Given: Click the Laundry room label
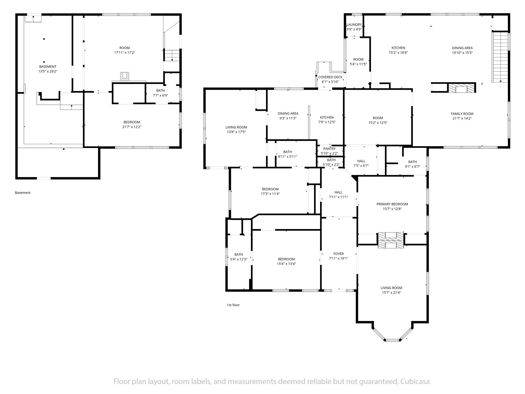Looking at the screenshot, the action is pos(354,25).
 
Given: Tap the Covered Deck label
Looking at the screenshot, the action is pos(330,77).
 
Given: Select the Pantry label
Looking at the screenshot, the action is pos(329,149).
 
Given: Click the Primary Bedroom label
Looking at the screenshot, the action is pos(392,204).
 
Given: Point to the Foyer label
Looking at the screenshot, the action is pos(338,254).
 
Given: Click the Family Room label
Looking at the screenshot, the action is pos(462,114).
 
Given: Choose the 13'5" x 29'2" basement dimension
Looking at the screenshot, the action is pos(48,71).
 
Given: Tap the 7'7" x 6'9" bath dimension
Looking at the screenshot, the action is pos(160,95).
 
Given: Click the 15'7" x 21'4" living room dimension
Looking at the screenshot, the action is pos(391,292).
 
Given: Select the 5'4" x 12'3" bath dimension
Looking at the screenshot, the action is pos(239,259).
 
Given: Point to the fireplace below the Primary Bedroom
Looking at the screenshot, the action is pos(391,240).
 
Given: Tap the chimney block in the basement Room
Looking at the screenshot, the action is pos(125,77).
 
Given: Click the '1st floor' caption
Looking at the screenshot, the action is pos(233,305).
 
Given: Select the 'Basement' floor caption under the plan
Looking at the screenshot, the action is pos(23,193).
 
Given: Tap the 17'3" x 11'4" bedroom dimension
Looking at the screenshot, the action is pos(270,194).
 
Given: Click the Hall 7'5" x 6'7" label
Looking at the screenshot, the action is pos(361,163).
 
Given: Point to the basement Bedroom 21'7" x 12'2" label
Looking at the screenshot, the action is pos(132,124).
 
